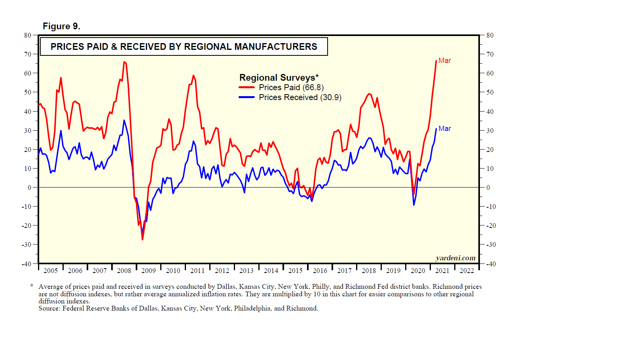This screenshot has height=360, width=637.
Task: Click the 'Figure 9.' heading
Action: pos(61,27)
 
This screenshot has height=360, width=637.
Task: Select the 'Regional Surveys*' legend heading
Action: pos(279,78)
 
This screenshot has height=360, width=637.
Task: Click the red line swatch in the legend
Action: pos(246,87)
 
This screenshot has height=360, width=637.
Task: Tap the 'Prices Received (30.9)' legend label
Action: pos(300,97)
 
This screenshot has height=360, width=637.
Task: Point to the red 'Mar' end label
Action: pos(444,61)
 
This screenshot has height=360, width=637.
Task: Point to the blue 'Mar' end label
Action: pos(444,129)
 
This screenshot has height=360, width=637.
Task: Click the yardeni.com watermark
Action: pos(455,258)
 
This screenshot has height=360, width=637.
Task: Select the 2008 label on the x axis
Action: pos(124,271)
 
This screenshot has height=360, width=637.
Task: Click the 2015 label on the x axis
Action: pos(295,271)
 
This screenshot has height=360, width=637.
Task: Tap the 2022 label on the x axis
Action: pos(466,271)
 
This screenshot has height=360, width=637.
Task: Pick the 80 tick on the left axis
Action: pos(27,35)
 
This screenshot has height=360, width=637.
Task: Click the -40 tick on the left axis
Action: pos(26,264)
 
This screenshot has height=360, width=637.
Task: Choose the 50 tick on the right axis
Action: pos(490,92)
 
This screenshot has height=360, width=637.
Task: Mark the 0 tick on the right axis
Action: pos(488,188)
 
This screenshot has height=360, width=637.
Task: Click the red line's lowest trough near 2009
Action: pos(142,239)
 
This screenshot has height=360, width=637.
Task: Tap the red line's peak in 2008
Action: pos(124,62)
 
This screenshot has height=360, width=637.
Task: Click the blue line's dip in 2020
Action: pos(414,205)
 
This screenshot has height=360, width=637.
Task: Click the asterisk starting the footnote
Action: pos(32,286)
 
